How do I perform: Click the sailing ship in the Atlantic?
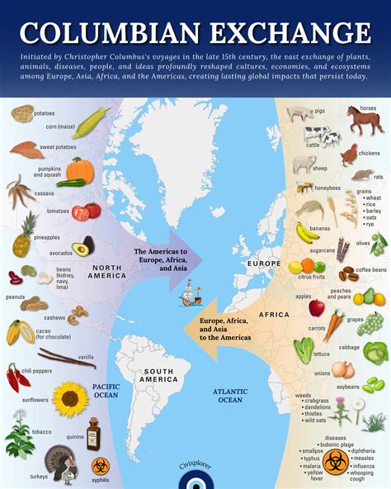191,293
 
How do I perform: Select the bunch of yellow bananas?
307,231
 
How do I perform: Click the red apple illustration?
317,307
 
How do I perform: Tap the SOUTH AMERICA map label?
159,377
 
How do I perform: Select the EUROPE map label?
264,263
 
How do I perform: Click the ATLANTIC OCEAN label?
229,395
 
